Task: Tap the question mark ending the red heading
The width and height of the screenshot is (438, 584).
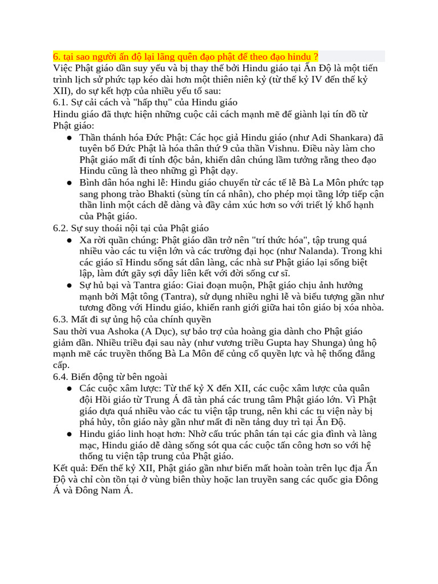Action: coord(315,56)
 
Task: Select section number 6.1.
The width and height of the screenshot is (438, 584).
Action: coord(60,102)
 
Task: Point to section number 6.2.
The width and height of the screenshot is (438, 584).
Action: coord(60,228)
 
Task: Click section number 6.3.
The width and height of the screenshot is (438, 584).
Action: coord(60,319)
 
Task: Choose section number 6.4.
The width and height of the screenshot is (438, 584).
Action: coord(60,376)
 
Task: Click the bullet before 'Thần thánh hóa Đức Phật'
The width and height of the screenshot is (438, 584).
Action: coord(68,137)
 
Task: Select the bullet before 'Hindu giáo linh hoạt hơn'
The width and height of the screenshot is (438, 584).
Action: coord(68,434)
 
